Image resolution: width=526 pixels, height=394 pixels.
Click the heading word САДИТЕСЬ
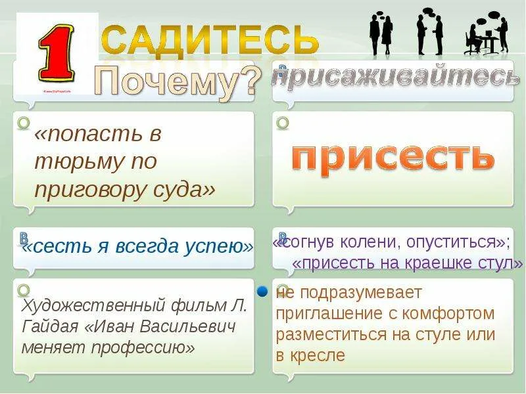[x=210, y=38]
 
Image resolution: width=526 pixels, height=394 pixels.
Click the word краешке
[x=445, y=263]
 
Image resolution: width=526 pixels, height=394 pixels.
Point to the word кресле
[x=319, y=356]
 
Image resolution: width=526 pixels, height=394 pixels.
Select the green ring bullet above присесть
[x=283, y=123]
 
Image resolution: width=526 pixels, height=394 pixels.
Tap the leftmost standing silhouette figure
[x=375, y=33]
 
